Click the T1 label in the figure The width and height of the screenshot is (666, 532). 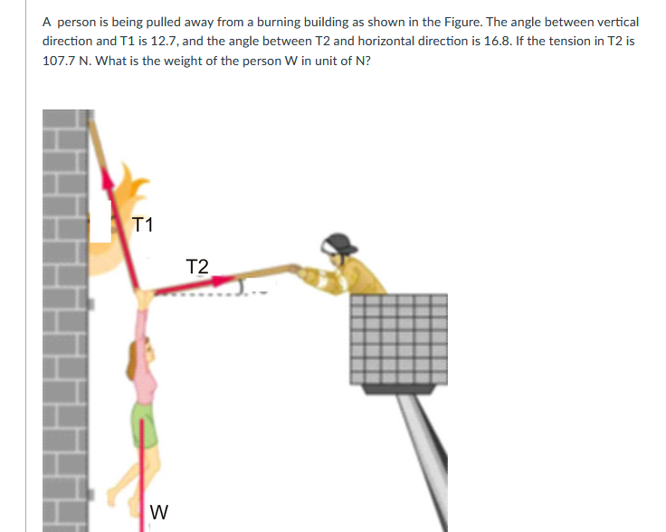(142, 224)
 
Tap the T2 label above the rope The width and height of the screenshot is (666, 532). (195, 266)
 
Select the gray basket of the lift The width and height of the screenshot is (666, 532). (397, 338)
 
